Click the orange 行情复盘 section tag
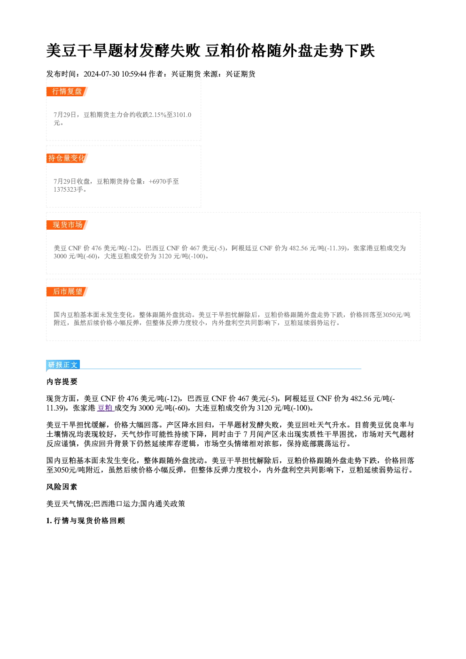[x=67, y=92]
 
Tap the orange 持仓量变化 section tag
[x=67, y=158]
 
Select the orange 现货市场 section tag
[x=67, y=225]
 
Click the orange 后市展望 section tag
[x=67, y=292]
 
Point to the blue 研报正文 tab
[x=63, y=365]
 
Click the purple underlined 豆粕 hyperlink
[x=105, y=408]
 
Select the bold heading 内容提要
[x=62, y=382]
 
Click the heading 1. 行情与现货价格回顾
[x=85, y=521]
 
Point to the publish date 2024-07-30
[x=101, y=74]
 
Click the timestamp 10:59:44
[x=134, y=74]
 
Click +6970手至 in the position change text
[x=164, y=181]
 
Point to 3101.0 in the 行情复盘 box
[x=182, y=115]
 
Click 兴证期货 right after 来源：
[x=241, y=74]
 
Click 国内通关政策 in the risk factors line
[x=163, y=504]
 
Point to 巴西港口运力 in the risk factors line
[x=116, y=504]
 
